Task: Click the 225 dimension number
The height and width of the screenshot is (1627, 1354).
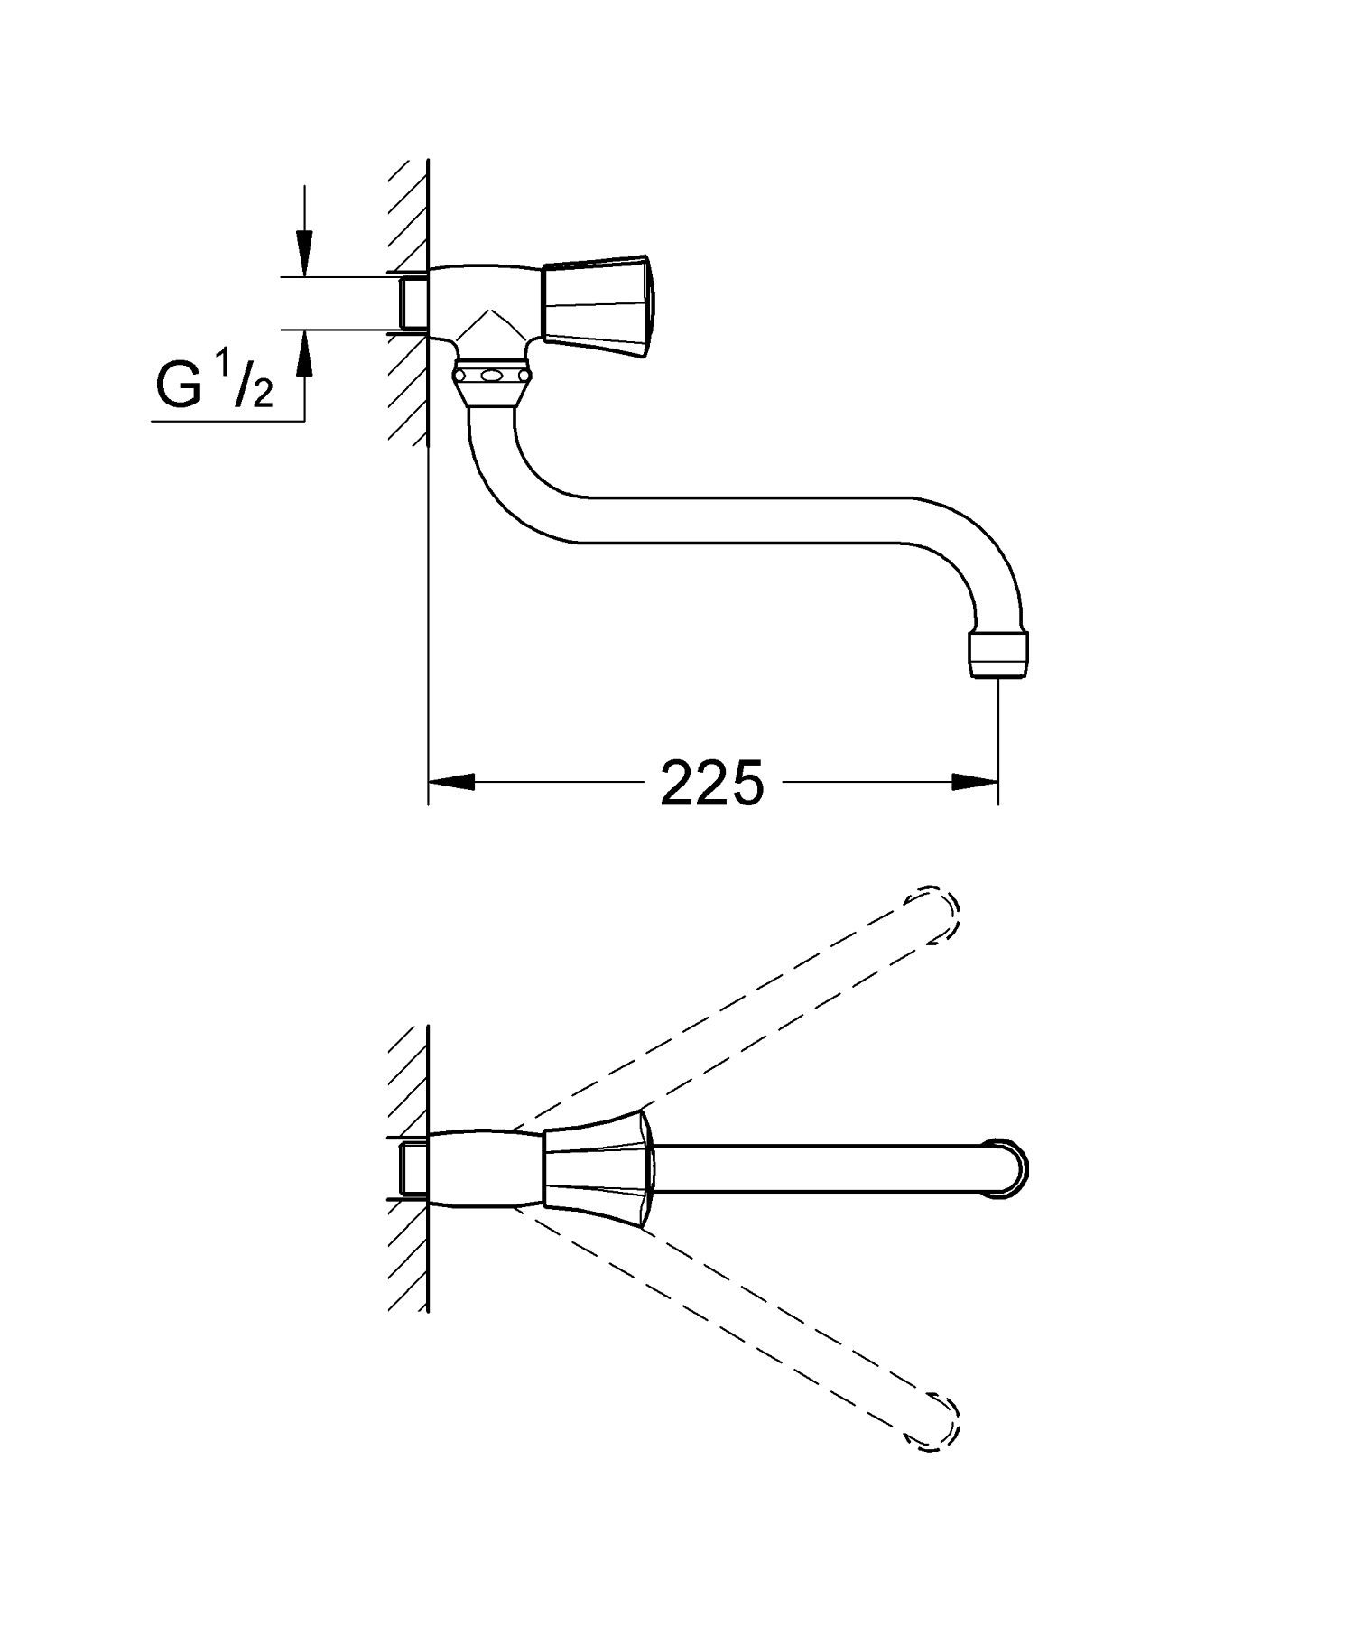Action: coord(712,783)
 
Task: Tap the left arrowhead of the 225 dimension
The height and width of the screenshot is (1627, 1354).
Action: coord(450,782)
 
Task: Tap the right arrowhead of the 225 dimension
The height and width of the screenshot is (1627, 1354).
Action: coord(975,782)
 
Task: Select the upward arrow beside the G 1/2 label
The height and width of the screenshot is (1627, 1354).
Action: coord(305,357)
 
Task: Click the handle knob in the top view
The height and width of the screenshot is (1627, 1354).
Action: coord(597,1168)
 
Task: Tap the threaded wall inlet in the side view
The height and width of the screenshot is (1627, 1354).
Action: coord(413,302)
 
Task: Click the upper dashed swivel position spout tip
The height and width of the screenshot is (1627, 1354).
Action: coord(939,914)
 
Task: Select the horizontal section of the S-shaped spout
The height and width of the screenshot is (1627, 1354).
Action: coord(740,519)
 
